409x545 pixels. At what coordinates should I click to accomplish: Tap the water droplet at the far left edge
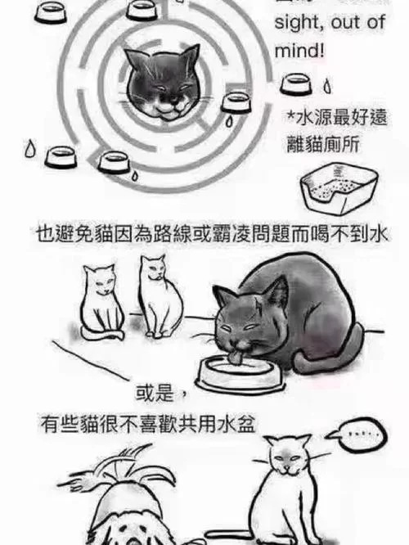(30, 149)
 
